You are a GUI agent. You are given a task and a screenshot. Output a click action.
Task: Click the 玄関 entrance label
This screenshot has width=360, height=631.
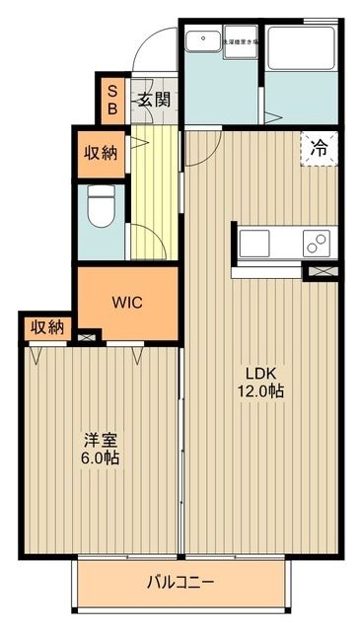pyautogui.click(x=153, y=99)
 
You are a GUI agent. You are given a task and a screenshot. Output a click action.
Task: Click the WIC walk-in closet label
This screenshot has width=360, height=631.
pyautogui.click(x=127, y=303)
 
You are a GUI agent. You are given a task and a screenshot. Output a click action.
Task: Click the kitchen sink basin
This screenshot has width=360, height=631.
pyautogui.click(x=253, y=241)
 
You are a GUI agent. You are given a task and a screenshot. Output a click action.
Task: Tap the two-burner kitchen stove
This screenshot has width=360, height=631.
pyautogui.click(x=318, y=241)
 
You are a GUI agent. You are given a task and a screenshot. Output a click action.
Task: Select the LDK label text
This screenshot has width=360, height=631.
pyautogui.click(x=260, y=373)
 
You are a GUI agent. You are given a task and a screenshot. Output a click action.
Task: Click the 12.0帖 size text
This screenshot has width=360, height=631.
pyautogui.click(x=260, y=390)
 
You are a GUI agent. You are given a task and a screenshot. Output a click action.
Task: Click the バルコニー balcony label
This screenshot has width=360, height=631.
pyautogui.click(x=181, y=581)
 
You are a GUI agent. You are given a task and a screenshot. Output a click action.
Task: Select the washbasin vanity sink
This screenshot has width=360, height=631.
pyautogui.click(x=203, y=43)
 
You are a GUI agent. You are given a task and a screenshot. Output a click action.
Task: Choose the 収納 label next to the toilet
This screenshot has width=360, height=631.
pyautogui.click(x=101, y=154)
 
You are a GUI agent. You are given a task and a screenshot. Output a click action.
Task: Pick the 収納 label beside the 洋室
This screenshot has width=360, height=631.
pyautogui.click(x=45, y=327)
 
